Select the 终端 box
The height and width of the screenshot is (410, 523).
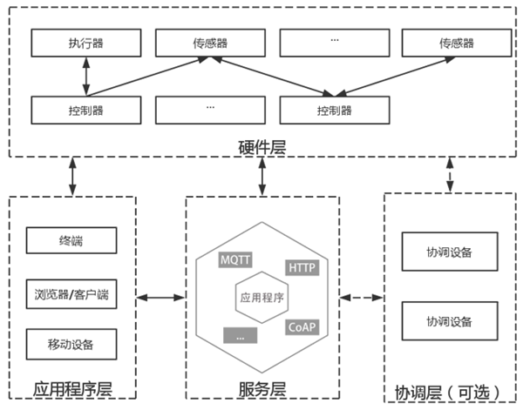click(71, 239)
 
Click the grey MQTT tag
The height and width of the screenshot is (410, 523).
click(235, 259)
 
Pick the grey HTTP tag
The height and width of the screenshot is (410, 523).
click(301, 268)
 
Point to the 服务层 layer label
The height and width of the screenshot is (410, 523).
click(261, 387)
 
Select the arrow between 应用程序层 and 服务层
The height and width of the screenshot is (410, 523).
click(161, 299)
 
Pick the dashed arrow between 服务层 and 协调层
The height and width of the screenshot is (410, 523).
click(361, 299)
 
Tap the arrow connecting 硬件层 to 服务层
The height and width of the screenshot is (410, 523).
click(261, 176)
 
